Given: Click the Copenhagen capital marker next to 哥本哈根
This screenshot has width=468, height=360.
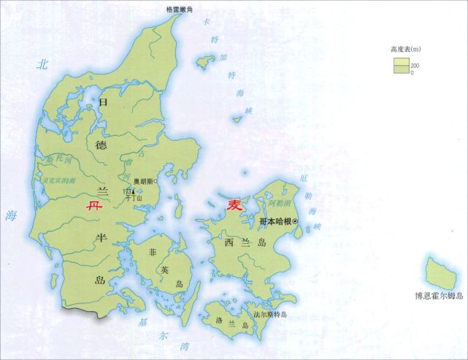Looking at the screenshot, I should [x=296, y=221].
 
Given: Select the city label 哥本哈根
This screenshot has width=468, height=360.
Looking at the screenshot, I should [x=276, y=221].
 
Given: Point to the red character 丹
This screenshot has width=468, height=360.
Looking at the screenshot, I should [x=91, y=207].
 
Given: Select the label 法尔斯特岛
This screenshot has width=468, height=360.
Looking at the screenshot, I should [x=270, y=315].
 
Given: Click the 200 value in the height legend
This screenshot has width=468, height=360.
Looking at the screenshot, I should [x=415, y=66].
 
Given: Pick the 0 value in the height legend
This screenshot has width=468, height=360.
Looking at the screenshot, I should [x=412, y=72].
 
